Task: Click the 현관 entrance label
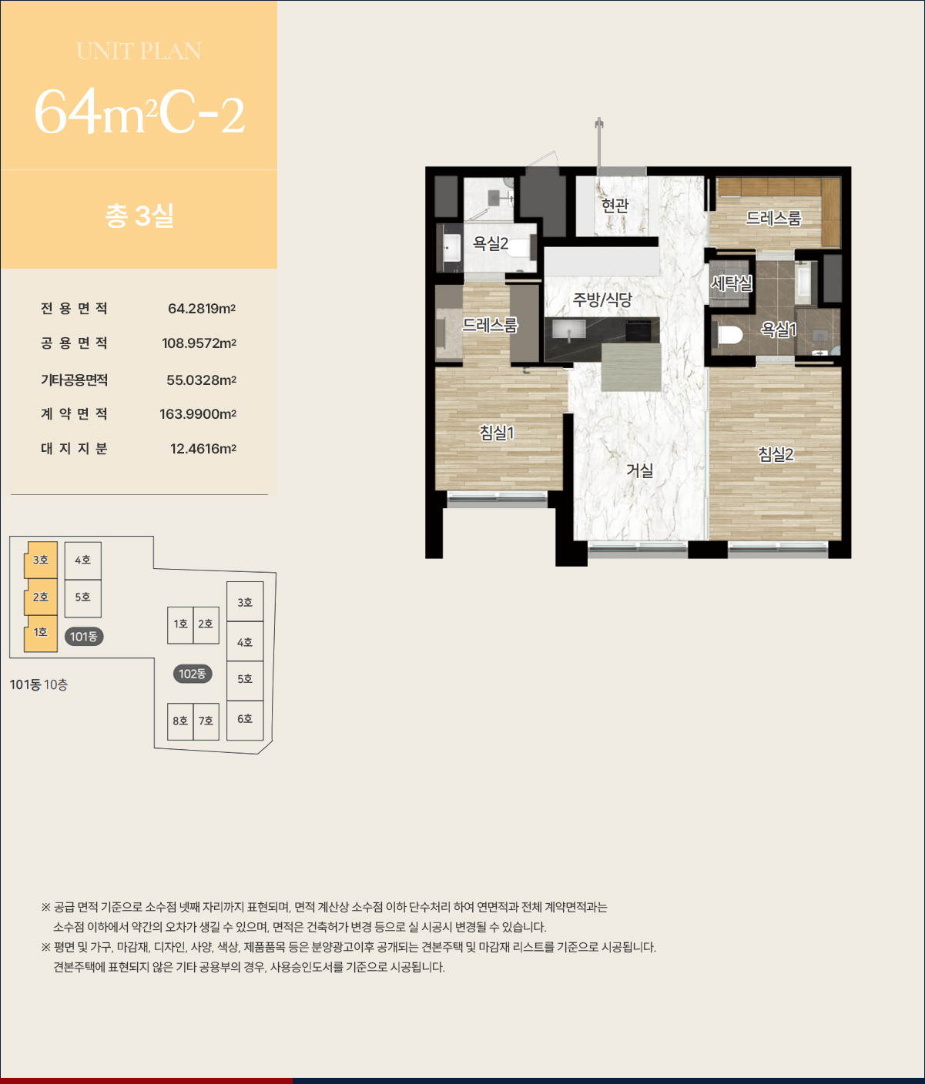615,205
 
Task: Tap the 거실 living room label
639,470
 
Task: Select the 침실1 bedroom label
496,433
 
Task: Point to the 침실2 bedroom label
776,454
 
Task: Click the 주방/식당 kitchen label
602,300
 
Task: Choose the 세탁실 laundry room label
732,283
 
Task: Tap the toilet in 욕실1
730,335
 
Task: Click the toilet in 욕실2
518,248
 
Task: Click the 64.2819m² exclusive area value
202,309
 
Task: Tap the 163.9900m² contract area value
198,414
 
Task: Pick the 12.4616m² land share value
203,449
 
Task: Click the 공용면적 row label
74,343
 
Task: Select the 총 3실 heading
139,216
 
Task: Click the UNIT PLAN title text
139,52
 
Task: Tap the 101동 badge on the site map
84,637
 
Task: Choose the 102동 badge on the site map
193,674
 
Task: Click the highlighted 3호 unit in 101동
41,560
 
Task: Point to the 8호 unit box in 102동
180,721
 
